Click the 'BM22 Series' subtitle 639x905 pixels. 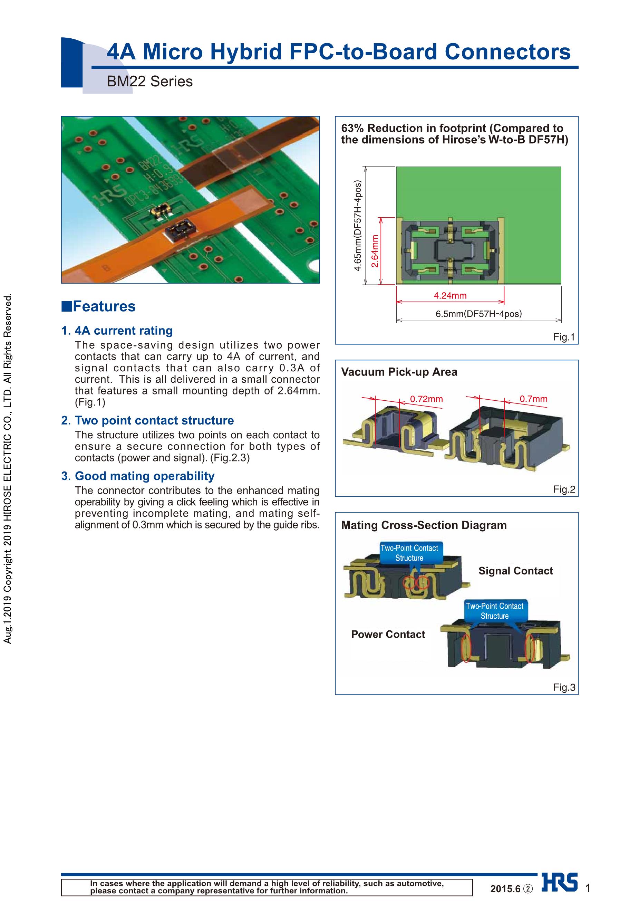(x=150, y=82)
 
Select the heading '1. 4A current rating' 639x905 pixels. (x=117, y=330)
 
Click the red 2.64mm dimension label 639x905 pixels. (x=375, y=251)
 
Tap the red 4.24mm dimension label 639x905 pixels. (x=450, y=295)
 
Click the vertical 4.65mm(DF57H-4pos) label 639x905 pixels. (x=358, y=226)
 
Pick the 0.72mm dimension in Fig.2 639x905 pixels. (x=426, y=399)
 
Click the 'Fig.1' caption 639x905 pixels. (x=564, y=337)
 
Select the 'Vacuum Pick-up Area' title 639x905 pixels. (x=399, y=372)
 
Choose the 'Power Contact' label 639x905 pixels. (x=388, y=634)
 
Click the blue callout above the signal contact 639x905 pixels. (x=409, y=553)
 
